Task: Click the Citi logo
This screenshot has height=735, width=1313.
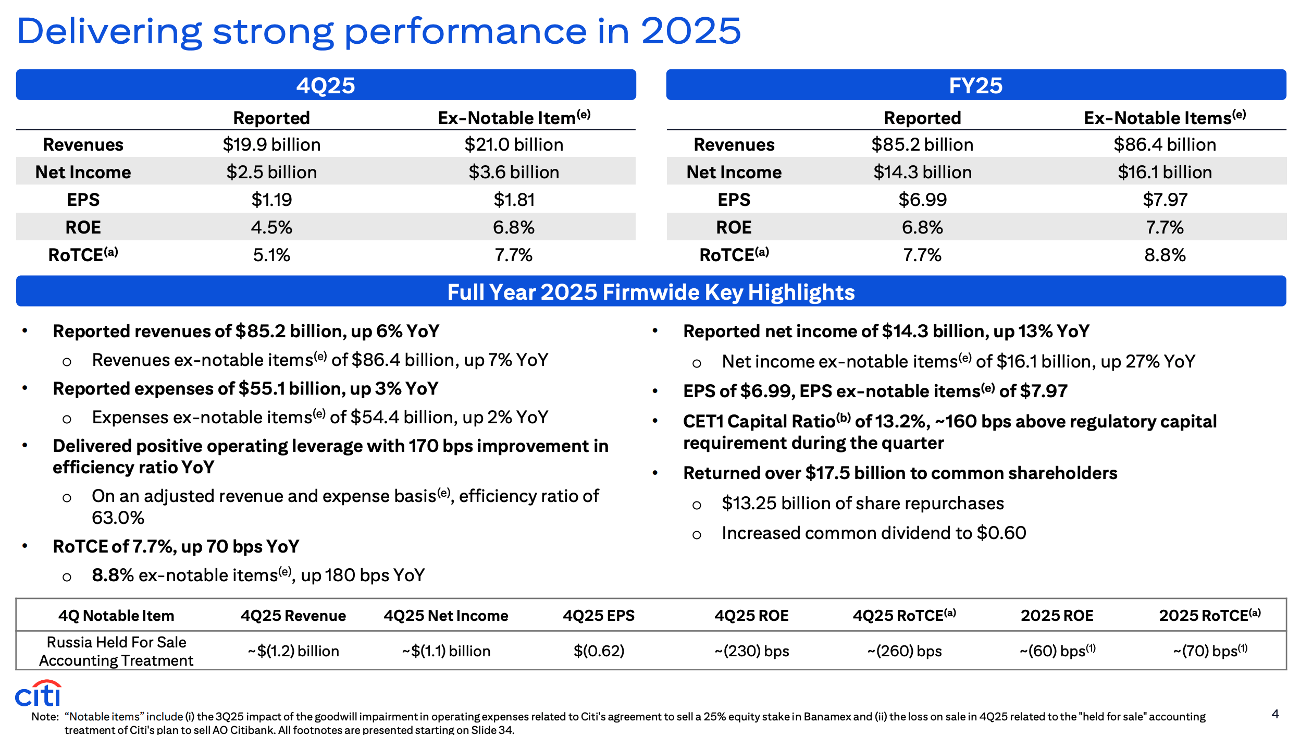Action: (x=38, y=693)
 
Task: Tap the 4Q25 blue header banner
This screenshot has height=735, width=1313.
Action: (x=326, y=84)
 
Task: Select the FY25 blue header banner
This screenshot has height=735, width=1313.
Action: (x=976, y=84)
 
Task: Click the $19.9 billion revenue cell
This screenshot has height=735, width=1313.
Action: (x=271, y=144)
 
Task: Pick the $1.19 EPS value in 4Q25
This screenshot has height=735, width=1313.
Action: (x=271, y=200)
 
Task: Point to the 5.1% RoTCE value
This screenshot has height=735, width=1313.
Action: (x=271, y=255)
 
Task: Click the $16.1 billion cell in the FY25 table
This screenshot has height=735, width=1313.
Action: (x=1165, y=172)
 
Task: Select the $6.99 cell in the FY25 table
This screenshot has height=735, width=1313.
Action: (x=922, y=200)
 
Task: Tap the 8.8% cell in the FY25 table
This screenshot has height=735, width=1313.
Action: (x=1165, y=255)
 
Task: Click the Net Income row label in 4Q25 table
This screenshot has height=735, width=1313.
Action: (x=83, y=172)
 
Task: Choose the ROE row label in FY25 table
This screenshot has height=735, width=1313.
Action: (x=734, y=227)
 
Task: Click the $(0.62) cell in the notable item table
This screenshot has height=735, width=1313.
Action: (x=599, y=651)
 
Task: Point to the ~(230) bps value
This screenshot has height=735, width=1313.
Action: (x=751, y=651)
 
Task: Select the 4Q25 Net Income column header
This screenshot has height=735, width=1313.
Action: (x=446, y=616)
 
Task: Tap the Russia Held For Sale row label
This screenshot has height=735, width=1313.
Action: (x=116, y=651)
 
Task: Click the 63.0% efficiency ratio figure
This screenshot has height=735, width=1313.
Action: (x=118, y=518)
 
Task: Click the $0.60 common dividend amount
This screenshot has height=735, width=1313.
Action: (x=1001, y=533)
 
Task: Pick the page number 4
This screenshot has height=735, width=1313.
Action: (x=1275, y=714)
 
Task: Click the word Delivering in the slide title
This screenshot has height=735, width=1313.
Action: (x=109, y=31)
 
